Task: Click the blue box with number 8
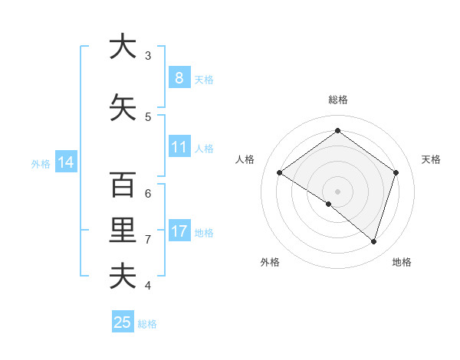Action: (179, 78)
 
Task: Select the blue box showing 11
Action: (179, 147)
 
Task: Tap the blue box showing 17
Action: (179, 231)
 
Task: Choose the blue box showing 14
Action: (65, 162)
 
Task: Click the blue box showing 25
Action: (123, 322)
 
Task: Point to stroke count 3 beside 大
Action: (148, 56)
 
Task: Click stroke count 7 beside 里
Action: (148, 240)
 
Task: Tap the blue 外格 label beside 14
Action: (40, 163)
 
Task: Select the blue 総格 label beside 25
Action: (147, 324)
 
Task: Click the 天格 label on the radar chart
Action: (431, 159)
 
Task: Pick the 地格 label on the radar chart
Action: (402, 262)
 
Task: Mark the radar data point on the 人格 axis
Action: (279, 173)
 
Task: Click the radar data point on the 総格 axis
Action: (337, 131)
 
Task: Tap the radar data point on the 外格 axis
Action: (329, 204)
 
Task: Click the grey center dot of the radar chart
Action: (337, 191)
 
